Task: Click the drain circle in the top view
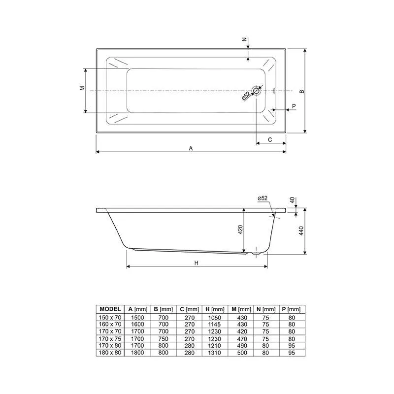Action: click(256, 91)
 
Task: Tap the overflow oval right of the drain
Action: click(274, 91)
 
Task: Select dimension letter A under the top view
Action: click(191, 149)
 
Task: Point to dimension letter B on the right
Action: click(302, 92)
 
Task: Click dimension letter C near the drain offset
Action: click(270, 140)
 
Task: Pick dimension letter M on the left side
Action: click(82, 88)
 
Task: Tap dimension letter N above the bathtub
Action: click(244, 39)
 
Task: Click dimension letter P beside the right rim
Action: click(294, 106)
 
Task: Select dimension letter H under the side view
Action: click(197, 263)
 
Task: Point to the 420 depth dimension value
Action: click(240, 230)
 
